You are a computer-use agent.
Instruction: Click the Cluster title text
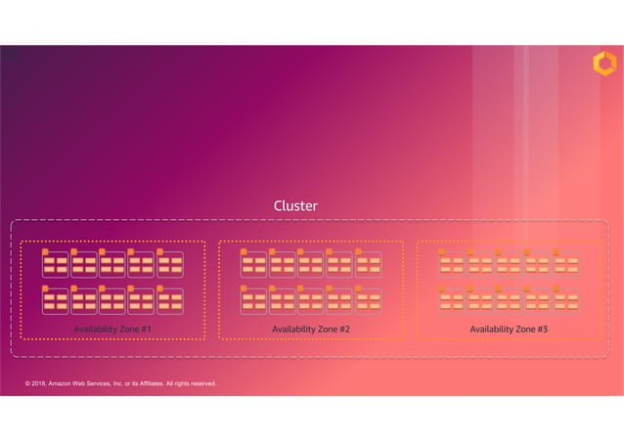pyautogui.click(x=295, y=206)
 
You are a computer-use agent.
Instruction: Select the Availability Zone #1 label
pyautogui.click(x=112, y=330)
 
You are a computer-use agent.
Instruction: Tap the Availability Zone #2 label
pyautogui.click(x=311, y=330)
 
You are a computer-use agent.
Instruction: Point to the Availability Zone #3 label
pyautogui.click(x=509, y=330)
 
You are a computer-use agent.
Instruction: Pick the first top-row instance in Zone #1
pyautogui.click(x=56, y=264)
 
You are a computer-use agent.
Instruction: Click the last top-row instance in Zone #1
pyautogui.click(x=169, y=264)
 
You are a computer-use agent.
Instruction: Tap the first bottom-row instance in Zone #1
pyautogui.click(x=56, y=300)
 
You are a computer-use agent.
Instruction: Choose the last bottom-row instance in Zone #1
pyautogui.click(x=169, y=300)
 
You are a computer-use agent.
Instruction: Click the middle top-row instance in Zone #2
pyautogui.click(x=311, y=264)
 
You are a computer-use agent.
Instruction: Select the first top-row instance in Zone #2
pyautogui.click(x=254, y=264)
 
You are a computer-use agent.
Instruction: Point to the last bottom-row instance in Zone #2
pyautogui.click(x=368, y=300)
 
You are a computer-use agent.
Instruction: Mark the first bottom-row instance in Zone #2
pyautogui.click(x=254, y=300)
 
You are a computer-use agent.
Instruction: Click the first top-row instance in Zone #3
pyautogui.click(x=452, y=264)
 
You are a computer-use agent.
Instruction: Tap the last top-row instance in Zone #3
pyautogui.click(x=566, y=264)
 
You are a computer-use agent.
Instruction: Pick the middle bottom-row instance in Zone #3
pyautogui.click(x=509, y=300)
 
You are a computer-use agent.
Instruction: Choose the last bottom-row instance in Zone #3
pyautogui.click(x=566, y=300)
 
